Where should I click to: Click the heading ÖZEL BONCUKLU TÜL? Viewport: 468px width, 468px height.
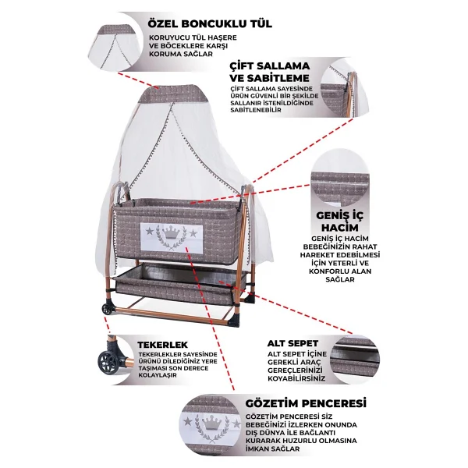pyautogui.click(x=210, y=23)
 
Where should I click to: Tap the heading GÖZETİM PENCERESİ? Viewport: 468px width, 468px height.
pyautogui.click(x=306, y=403)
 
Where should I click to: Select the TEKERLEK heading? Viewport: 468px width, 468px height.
pyautogui.click(x=163, y=345)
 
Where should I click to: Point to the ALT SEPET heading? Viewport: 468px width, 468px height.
pyautogui.click(x=292, y=343)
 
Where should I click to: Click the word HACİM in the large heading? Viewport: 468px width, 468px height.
pyautogui.click(x=339, y=228)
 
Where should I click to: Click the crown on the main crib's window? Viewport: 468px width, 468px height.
pyautogui.click(x=171, y=232)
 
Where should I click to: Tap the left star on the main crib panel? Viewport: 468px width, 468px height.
pyautogui.click(x=150, y=231)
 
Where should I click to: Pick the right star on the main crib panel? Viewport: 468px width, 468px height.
pyautogui.click(x=193, y=232)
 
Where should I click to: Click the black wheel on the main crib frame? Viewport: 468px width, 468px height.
pyautogui.click(x=107, y=309)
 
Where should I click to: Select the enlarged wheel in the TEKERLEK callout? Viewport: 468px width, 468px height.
pyautogui.click(x=108, y=361)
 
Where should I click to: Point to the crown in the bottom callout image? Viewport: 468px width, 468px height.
pyautogui.click(x=212, y=423)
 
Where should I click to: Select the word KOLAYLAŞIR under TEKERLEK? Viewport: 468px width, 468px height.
pyautogui.click(x=158, y=375)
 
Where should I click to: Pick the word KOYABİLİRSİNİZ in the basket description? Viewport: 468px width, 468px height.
pyautogui.click(x=296, y=378)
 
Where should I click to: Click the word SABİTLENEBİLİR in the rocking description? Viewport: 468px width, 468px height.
pyautogui.click(x=256, y=110)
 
